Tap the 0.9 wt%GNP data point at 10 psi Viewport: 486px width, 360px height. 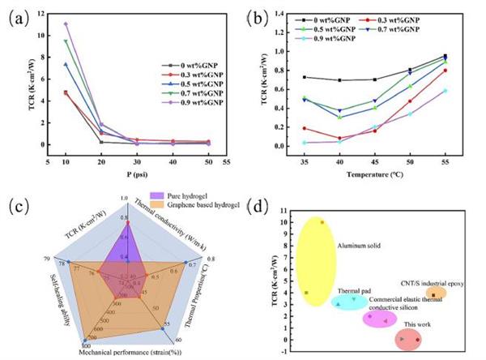[x=66, y=24]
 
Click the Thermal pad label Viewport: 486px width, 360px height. [x=355, y=290]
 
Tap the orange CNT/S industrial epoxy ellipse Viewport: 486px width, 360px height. [x=436, y=294]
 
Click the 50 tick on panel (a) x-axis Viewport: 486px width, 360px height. [x=210, y=161]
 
